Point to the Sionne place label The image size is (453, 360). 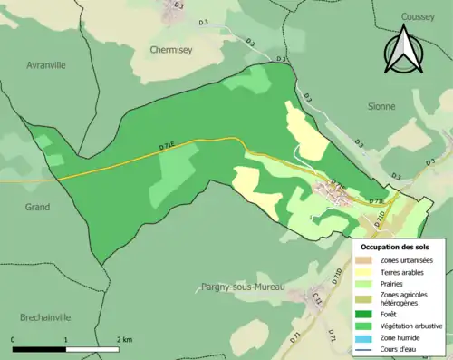pos(381,106)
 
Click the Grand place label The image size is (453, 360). pos(37,207)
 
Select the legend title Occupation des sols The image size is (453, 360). pos(395,247)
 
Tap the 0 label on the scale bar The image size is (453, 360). pos(14,339)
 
